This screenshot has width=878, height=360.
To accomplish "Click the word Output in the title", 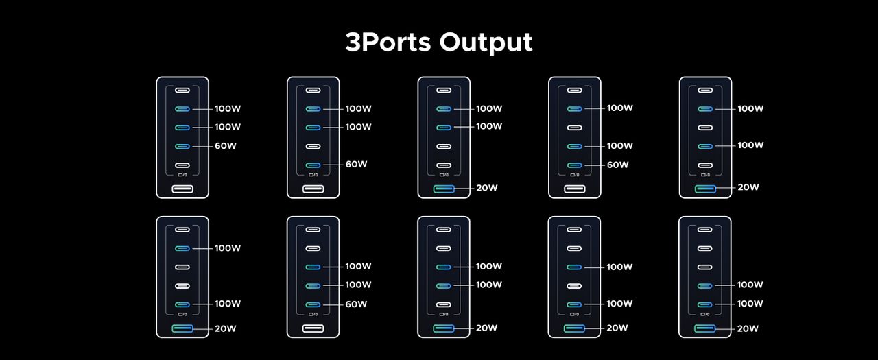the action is click(x=486, y=43).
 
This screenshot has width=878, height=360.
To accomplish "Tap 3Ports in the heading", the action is click(x=388, y=42).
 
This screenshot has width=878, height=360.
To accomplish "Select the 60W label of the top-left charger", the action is click(x=226, y=146).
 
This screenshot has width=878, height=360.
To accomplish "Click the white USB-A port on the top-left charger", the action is click(x=182, y=189).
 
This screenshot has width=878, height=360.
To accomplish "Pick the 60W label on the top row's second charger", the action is click(x=356, y=164).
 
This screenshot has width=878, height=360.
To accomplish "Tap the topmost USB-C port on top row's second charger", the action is click(x=313, y=90).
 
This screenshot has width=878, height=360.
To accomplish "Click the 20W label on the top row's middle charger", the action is click(x=487, y=188).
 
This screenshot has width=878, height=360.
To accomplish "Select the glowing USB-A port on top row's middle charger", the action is click(x=444, y=189).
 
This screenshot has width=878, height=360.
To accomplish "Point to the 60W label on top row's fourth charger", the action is click(x=617, y=165).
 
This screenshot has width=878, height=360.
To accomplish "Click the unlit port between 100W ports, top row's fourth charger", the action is click(x=574, y=128).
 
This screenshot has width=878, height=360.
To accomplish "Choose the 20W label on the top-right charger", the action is click(x=748, y=187).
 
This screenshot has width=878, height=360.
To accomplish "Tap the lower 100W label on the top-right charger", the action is click(x=750, y=145).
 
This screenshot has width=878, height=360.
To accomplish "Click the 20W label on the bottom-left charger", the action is click(x=226, y=328).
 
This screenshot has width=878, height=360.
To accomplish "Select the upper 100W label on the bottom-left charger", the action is click(x=227, y=248).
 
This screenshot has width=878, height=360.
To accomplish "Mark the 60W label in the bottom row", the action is click(x=356, y=304).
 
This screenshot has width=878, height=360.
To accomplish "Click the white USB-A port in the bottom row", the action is click(x=313, y=328).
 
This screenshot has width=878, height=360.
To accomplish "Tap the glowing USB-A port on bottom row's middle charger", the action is click(x=443, y=328).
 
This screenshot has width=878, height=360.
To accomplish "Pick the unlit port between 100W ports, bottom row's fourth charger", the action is click(x=574, y=286).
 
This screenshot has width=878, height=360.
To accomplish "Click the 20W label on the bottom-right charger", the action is click(x=748, y=328).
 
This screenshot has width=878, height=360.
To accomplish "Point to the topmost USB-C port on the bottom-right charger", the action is click(x=704, y=230).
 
